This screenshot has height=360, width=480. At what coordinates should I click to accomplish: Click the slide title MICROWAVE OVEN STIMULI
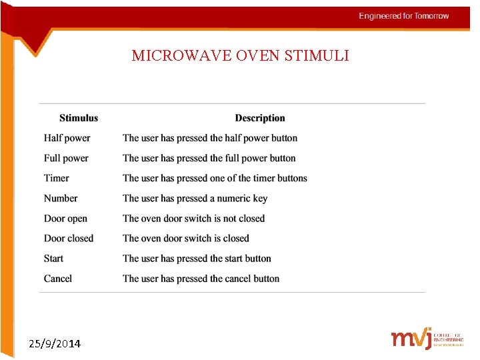(x=240, y=55)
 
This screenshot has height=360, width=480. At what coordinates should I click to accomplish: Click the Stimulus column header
(x=79, y=118)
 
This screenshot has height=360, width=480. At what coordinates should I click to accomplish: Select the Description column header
(x=260, y=118)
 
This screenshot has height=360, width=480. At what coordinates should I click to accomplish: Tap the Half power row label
(x=67, y=138)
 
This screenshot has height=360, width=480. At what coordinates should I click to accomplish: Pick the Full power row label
(x=66, y=158)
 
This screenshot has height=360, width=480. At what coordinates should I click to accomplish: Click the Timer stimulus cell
(x=57, y=178)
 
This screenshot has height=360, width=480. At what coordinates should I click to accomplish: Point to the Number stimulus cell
(x=61, y=198)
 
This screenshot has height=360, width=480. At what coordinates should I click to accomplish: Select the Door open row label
(x=65, y=218)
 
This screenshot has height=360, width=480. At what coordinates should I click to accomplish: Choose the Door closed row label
(x=69, y=238)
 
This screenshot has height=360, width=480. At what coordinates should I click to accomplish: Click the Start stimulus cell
(x=54, y=258)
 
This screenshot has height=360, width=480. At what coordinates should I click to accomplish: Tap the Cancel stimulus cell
(x=58, y=278)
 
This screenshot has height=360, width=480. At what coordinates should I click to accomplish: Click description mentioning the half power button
(x=210, y=138)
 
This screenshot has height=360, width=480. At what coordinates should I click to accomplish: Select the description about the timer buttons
(x=215, y=178)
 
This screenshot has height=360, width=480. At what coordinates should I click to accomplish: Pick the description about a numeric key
(x=195, y=198)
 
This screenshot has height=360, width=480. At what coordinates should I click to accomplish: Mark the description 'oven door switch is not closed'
(x=193, y=218)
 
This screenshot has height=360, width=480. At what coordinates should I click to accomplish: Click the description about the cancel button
(x=201, y=278)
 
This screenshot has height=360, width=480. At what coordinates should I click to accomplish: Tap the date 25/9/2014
(x=55, y=344)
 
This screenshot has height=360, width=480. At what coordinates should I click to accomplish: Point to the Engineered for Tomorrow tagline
(x=403, y=16)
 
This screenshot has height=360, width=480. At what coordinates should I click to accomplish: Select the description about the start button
(x=197, y=258)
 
